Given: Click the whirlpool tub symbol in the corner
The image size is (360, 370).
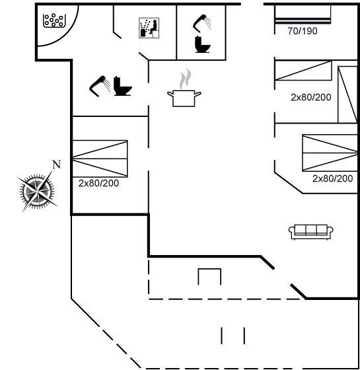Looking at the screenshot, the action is (54, 20).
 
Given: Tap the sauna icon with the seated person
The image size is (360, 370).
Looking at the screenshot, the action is (149, 28).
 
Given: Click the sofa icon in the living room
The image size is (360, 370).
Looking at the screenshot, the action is (311, 232).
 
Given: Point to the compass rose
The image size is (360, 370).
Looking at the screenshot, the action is (37, 191).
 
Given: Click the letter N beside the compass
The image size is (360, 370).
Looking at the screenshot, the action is (57, 165).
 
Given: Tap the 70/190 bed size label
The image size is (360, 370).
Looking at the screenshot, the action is (303, 31).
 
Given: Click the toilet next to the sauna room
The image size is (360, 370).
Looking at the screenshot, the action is (202, 44).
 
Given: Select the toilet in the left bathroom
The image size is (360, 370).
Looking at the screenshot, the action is (123, 86).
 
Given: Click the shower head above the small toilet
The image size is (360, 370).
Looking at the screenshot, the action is (202, 23).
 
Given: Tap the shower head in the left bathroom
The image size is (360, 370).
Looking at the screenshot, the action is (100, 86).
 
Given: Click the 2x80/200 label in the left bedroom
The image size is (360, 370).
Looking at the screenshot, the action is (98, 184).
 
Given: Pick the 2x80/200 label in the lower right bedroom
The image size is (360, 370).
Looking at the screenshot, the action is (333, 178).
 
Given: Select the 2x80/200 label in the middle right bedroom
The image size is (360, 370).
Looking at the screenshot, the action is (311, 97).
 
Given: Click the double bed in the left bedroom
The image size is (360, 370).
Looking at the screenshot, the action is (100, 159).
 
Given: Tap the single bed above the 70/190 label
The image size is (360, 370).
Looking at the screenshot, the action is (303, 14).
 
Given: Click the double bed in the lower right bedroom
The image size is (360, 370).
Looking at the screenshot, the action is (330, 153).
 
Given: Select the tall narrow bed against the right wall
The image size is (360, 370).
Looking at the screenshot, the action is (347, 94).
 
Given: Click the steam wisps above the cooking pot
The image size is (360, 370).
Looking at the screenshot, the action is (185, 79).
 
